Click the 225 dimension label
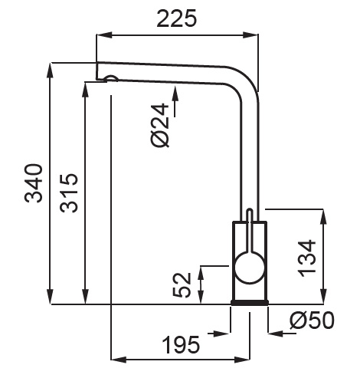pos(176,18)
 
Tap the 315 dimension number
pos(68,193)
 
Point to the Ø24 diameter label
pos(160,125)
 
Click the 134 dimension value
pos(307,258)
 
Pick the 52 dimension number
pos(182,285)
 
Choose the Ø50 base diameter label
pos(312,320)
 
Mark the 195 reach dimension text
pos(181,344)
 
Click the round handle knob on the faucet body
pos(250,268)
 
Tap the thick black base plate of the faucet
pos(250,303)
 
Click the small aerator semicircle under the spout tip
pos(112,78)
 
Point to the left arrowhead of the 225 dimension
pos(104,35)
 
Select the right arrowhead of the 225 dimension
pos(250,35)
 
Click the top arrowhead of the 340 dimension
pos(51,70)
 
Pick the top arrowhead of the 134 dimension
pos(323,217)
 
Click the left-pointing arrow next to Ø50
pos(282,334)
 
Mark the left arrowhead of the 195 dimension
pos(119,360)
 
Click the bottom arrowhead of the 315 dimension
pos(86,297)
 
